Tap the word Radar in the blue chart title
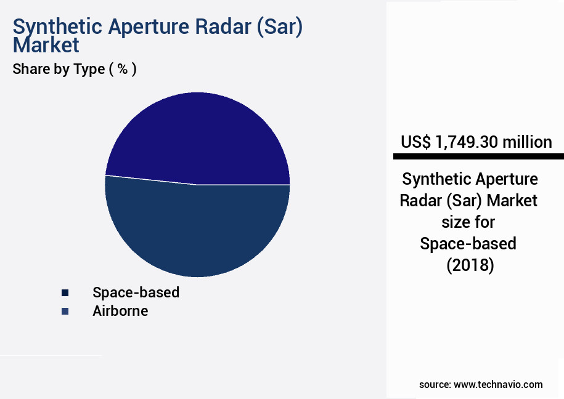tap(221, 28)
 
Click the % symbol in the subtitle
tap(123, 69)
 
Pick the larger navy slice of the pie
tap(197, 231)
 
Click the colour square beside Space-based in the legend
tap(65, 292)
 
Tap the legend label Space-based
tap(136, 292)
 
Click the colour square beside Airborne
tap(65, 311)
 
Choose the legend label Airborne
tap(120, 311)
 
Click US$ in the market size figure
tap(415, 142)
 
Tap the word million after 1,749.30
tap(527, 142)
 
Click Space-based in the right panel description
tap(468, 244)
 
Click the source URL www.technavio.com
tap(498, 384)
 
